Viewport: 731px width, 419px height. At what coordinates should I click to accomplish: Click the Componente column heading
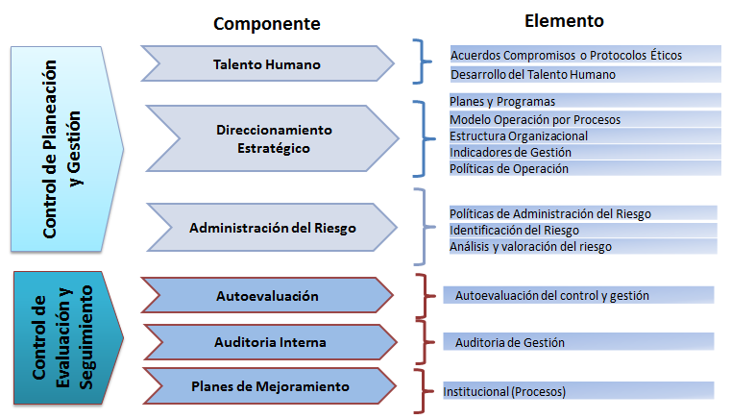click(267, 24)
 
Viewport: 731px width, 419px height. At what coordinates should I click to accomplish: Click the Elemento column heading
click(564, 21)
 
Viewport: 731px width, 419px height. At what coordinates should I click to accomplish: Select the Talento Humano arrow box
click(268, 64)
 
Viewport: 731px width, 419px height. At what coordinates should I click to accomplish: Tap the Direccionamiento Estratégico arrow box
click(273, 138)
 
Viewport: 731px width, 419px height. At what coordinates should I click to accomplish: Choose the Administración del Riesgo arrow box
click(272, 228)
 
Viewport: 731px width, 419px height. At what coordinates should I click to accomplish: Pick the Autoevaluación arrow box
click(268, 295)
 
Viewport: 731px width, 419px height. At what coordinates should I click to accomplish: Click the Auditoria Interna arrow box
click(270, 342)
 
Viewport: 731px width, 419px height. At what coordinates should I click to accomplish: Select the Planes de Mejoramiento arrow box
click(270, 386)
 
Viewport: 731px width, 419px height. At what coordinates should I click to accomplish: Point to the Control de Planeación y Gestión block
click(67, 149)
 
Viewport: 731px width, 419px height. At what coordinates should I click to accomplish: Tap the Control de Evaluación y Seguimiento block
click(68, 338)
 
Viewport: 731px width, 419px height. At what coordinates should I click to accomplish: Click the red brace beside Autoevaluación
click(426, 296)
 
